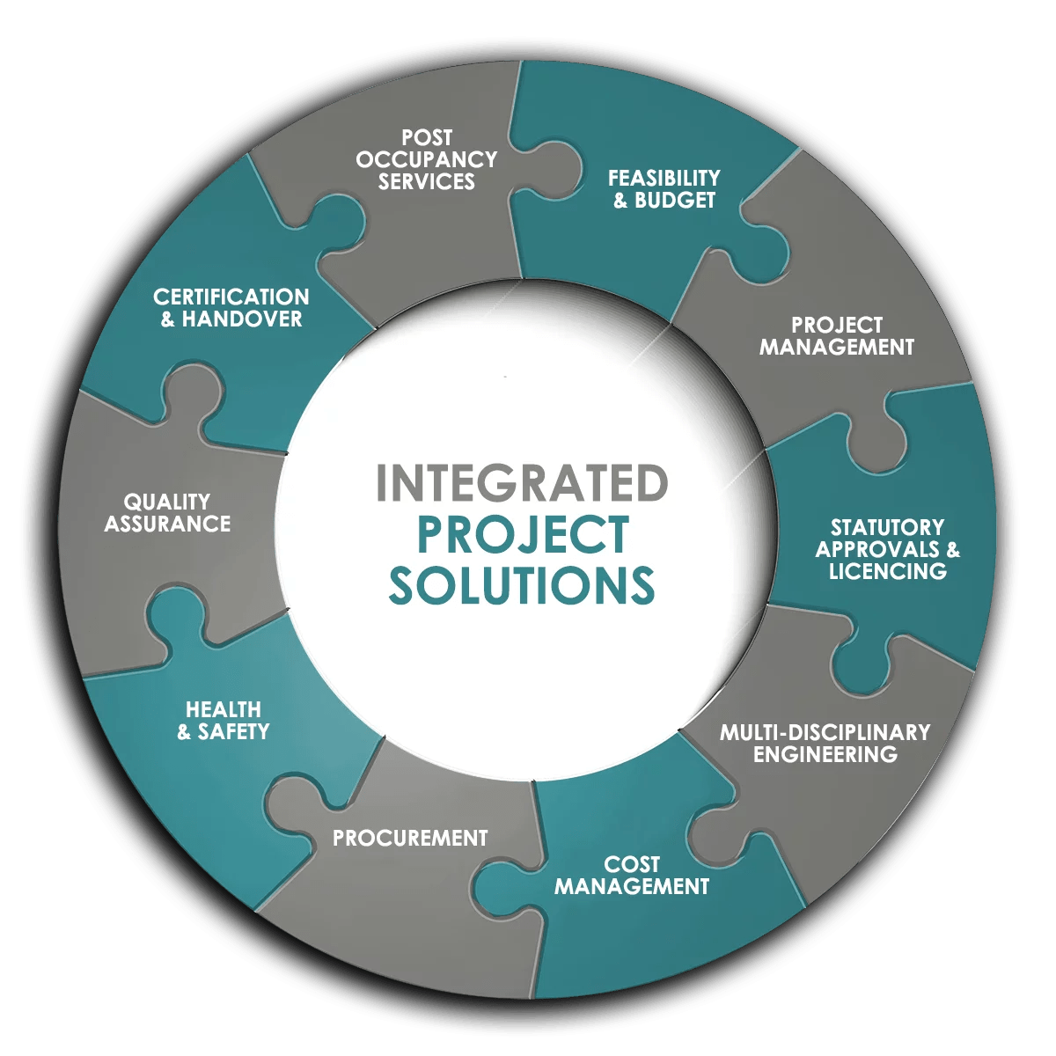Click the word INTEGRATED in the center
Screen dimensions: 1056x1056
[522, 483]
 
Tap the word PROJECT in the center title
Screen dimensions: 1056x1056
[523, 534]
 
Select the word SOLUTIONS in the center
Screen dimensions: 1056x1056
[522, 585]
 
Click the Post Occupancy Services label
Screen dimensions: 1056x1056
[427, 159]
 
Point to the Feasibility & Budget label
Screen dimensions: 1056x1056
[664, 189]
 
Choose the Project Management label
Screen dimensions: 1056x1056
[836, 336]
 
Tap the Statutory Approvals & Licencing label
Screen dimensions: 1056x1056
[887, 549]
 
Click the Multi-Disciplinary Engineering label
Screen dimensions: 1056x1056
[825, 744]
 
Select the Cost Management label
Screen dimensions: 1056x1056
[632, 876]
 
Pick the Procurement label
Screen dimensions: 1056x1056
[410, 838]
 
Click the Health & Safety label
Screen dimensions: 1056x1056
[224, 721]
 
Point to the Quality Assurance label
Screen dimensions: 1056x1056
[167, 513]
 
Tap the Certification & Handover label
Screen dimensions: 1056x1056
[231, 308]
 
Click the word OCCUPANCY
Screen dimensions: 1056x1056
[427, 159]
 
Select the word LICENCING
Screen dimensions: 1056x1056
[887, 572]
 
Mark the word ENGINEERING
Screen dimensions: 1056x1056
[825, 755]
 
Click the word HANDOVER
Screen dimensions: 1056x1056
[242, 319]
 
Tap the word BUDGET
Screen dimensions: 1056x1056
[675, 201]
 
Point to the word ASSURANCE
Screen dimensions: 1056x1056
[167, 524]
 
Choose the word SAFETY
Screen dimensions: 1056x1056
[234, 732]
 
